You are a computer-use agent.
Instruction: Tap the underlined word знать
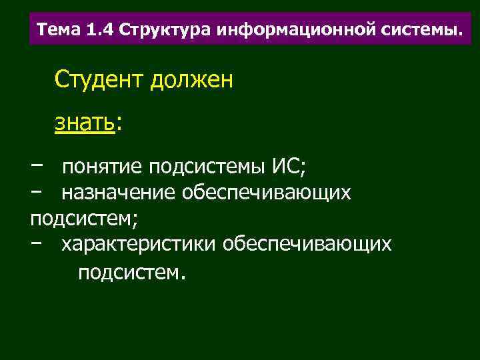[x=85, y=123]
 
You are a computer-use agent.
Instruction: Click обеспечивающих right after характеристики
[x=307, y=245]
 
